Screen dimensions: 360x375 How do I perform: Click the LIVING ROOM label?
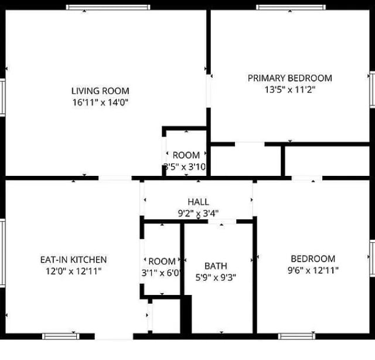pos(100,91)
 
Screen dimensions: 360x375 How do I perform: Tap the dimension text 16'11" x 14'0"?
pos(100,102)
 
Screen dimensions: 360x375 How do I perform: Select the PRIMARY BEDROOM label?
pos(289,78)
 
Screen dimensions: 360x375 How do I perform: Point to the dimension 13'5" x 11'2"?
pos(289,90)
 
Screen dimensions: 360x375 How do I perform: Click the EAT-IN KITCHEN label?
pos(73,259)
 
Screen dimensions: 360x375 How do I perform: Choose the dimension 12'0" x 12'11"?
pos(73,271)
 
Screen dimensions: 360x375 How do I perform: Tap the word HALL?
pos(198,202)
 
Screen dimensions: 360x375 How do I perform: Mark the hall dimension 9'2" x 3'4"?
pos(198,213)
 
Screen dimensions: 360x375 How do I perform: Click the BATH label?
pos(216,266)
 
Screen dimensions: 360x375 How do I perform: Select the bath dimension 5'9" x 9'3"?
pos(216,277)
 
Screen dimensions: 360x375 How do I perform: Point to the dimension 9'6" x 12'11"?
pos(313,270)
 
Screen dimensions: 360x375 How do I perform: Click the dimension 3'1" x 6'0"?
pos(162,273)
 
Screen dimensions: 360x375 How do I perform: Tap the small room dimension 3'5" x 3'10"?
pos(185,167)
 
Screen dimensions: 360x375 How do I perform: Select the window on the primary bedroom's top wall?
pos(291,7)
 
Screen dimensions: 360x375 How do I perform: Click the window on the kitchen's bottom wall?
pos(61,337)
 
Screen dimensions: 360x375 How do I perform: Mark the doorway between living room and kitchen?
pos(115,177)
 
